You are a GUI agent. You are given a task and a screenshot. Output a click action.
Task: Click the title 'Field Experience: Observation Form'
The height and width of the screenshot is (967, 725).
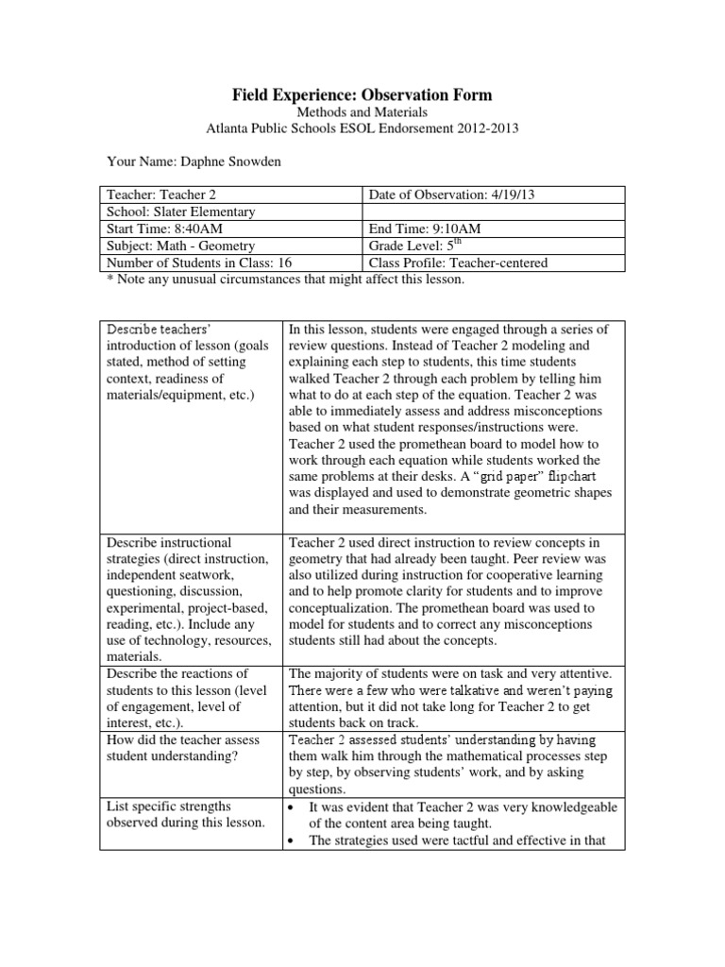point(362,95)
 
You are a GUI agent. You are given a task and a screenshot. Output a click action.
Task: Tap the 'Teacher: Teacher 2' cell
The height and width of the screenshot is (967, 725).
point(161,194)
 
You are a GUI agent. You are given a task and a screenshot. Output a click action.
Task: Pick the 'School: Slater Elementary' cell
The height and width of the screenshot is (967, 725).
point(180,212)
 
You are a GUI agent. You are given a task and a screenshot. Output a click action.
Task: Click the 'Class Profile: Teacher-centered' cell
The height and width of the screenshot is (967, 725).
point(458,263)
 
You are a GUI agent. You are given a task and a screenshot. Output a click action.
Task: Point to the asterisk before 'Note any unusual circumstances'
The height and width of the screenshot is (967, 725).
point(102,280)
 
